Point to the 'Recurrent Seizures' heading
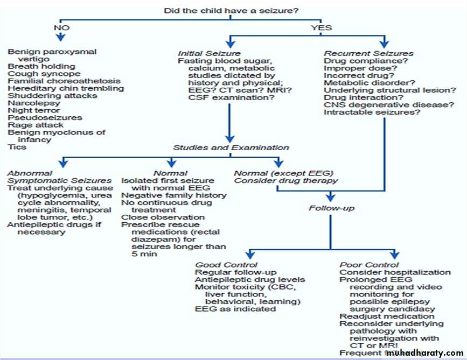pyautogui.click(x=369, y=53)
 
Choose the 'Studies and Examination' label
pyautogui.click(x=231, y=147)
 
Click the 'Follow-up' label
pyautogui.click(x=332, y=208)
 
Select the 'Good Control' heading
pyautogui.click(x=226, y=265)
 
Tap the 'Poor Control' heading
pyautogui.click(x=369, y=265)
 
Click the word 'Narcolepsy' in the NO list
pyautogui.click(x=31, y=103)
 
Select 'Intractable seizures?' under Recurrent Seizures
pyautogui.click(x=372, y=112)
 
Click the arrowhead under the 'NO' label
pyautogui.click(x=61, y=38)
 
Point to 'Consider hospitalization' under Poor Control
pyautogui.click(x=395, y=272)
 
